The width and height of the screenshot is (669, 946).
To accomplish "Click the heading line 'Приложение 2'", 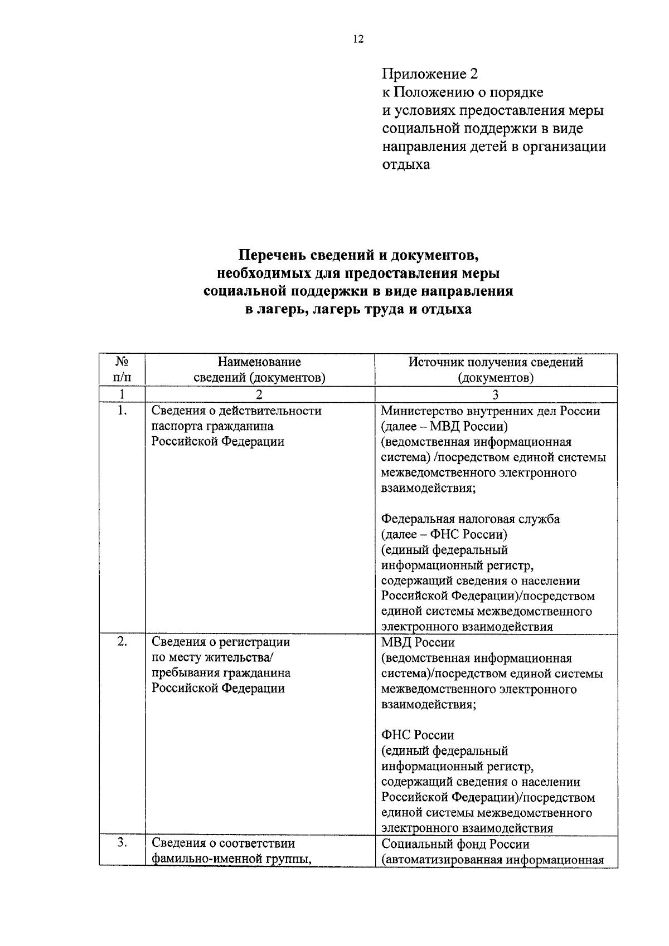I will point(430,74).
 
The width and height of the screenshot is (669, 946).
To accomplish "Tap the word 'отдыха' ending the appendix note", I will point(406,165).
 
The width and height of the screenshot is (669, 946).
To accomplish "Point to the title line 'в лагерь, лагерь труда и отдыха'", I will point(358,309).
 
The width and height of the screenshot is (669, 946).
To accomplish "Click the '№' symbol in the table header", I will point(122,362).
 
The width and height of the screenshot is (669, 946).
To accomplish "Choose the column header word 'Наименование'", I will point(259,362).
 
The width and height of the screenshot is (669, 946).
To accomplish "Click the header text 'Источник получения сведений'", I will point(496,362).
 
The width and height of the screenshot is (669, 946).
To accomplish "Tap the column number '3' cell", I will point(496,394).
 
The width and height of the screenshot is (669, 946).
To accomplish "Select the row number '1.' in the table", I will point(122,411).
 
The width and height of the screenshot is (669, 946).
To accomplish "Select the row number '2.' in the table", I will point(122,641).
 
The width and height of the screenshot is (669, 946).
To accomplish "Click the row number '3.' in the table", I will point(122,843).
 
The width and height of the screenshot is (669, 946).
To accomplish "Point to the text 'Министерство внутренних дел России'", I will point(491,411).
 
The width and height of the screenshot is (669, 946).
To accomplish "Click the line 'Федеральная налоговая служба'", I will point(471,519).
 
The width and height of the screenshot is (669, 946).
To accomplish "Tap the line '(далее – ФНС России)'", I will point(444,535).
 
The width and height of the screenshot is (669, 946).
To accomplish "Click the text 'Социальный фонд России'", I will point(455,844).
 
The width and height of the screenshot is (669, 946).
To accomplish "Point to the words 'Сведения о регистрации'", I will point(221,642).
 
